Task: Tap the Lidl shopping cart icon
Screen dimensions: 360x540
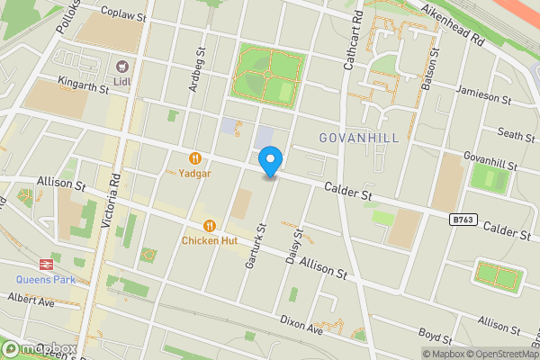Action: (x=121, y=67)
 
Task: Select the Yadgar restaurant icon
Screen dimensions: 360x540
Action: (x=194, y=157)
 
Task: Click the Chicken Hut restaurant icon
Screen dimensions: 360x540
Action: (x=209, y=226)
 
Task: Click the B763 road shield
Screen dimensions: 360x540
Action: (x=463, y=219)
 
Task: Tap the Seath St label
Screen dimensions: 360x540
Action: (x=517, y=135)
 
